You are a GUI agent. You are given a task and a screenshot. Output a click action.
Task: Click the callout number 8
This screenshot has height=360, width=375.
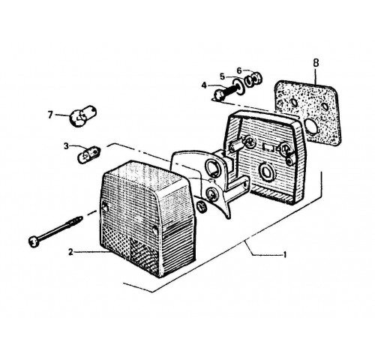[316, 63]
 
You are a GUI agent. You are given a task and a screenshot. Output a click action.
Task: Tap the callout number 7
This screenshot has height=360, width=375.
[51, 115]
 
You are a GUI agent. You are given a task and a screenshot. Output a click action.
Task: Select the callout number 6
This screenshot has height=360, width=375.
[239, 71]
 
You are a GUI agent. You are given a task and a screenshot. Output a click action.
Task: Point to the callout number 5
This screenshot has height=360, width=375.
[223, 76]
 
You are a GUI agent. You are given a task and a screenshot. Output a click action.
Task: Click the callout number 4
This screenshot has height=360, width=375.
[204, 85]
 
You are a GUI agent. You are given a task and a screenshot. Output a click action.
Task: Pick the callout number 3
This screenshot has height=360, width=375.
[66, 146]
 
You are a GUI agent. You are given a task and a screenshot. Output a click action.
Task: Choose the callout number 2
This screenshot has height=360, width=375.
[71, 252]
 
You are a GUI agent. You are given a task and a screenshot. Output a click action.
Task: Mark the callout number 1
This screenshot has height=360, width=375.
[284, 255]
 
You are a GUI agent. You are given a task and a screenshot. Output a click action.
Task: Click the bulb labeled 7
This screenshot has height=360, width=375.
[82, 116]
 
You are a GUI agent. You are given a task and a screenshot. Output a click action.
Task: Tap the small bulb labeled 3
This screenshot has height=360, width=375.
[89, 154]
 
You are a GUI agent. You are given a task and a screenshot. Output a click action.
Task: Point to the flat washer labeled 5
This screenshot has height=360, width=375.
[238, 87]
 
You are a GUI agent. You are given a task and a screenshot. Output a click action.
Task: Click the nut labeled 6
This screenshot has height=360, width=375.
[253, 79]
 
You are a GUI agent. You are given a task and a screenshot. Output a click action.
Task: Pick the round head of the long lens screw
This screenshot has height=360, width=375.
[33, 242]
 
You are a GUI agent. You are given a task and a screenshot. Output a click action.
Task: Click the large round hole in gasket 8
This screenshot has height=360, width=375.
[310, 126]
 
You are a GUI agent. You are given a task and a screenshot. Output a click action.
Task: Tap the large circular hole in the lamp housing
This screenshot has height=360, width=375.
[267, 172]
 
